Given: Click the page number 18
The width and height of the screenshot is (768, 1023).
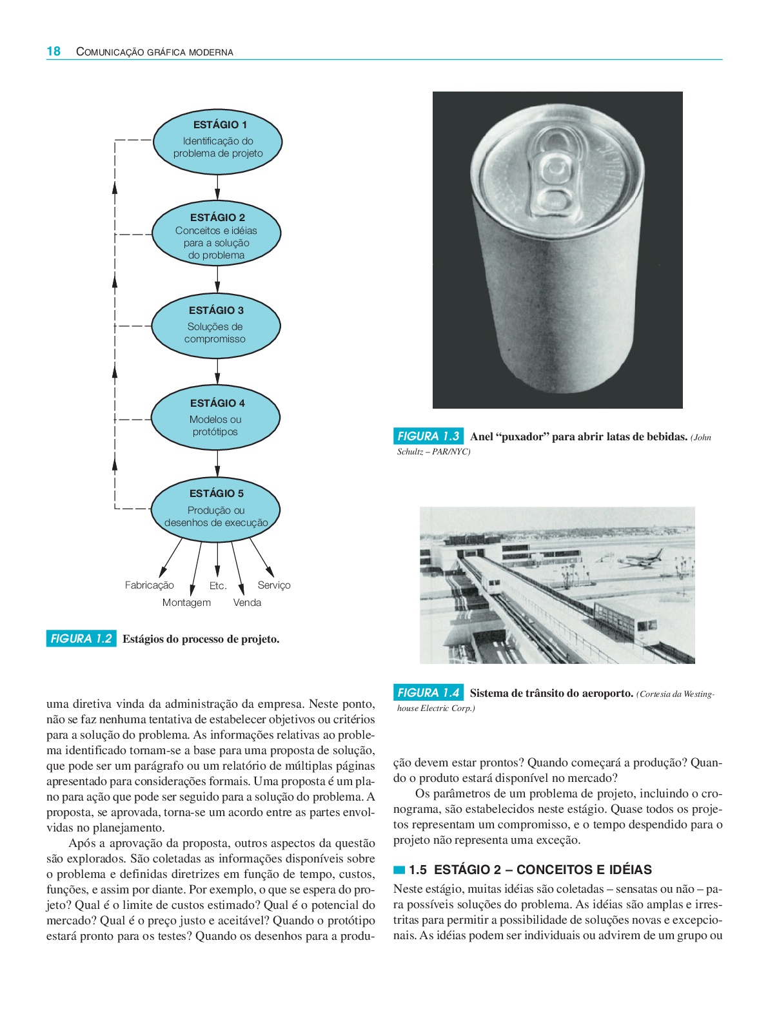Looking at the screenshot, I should [54, 52].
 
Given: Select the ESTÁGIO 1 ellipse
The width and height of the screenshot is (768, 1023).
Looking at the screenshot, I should [217, 141].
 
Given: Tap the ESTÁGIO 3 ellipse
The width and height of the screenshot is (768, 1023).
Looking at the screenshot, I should [216, 326].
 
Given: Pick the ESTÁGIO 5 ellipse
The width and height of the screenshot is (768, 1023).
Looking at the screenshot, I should [216, 508].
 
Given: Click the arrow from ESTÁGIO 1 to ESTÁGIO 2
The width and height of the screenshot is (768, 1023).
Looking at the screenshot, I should [217, 188].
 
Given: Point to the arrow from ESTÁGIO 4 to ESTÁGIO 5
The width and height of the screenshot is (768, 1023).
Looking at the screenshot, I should [217, 463].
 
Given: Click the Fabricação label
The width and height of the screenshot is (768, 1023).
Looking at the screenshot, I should [150, 585].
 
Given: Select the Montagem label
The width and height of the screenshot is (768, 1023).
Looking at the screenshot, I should [186, 603].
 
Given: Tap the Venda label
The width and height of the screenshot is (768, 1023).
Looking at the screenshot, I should [247, 603].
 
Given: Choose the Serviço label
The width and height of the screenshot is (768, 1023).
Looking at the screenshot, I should [274, 585].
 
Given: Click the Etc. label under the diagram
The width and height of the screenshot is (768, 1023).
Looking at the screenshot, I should [218, 586].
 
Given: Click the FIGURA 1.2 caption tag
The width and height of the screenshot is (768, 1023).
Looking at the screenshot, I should [81, 639].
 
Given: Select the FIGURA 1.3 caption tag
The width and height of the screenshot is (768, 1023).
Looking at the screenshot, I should [428, 436].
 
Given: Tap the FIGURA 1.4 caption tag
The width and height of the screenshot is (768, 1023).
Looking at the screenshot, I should [428, 693].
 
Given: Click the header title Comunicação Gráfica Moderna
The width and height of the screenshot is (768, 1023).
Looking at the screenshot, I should [155, 52].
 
